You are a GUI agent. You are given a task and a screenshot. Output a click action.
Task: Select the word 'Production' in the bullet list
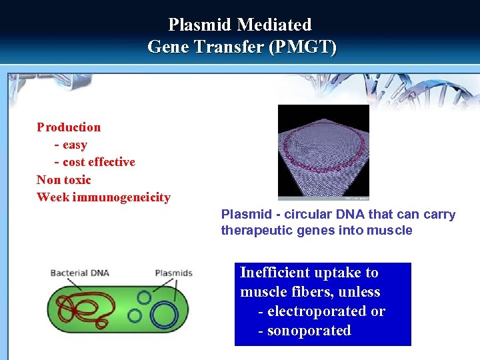tap(69, 127)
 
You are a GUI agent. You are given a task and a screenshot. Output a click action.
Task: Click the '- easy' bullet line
tap(71, 145)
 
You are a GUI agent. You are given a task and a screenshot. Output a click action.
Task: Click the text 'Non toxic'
tap(63, 179)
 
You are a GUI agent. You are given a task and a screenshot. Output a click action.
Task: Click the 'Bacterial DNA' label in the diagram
tap(79, 273)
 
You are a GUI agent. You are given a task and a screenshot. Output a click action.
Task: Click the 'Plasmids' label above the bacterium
tap(173, 273)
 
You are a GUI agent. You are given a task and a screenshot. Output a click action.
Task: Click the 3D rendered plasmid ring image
tap(323, 152)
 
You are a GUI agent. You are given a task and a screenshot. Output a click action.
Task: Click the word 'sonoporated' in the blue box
tap(309, 331)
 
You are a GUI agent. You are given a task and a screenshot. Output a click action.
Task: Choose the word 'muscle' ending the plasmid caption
tap(392, 231)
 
